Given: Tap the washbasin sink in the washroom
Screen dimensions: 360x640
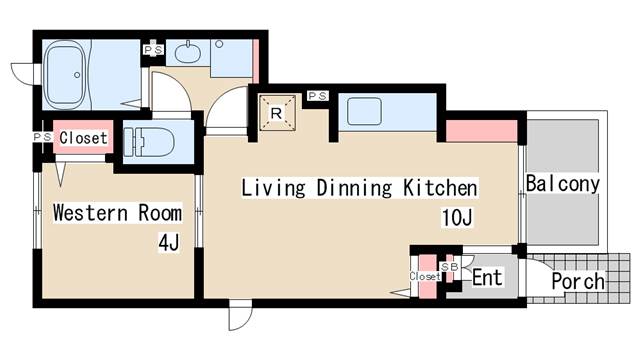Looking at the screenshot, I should click(186, 53).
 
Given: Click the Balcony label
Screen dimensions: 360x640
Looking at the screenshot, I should click(562, 184).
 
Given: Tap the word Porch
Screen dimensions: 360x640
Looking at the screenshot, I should click(578, 282).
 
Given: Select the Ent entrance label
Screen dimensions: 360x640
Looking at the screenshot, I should click(487, 277).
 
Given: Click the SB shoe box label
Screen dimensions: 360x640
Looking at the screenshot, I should click(450, 267).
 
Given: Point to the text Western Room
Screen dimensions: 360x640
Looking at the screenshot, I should click(117, 213).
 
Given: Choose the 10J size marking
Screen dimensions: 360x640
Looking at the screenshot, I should click(455, 217).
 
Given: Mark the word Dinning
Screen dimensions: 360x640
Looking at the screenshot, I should click(351, 187).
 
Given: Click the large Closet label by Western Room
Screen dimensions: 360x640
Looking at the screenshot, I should click(83, 138).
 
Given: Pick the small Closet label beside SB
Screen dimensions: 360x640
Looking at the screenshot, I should click(424, 276).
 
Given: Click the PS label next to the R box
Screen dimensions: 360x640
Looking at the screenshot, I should click(318, 96).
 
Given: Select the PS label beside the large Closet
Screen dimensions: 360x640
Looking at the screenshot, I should click(41, 138).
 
